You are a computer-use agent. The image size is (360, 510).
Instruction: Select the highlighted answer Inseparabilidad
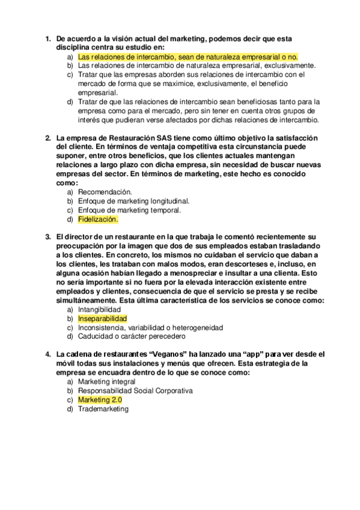point(103,318)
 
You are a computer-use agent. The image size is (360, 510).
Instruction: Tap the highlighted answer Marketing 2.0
point(100,399)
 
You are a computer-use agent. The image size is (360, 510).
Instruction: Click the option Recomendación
point(105,191)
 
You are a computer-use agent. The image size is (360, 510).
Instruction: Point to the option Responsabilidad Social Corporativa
point(135,390)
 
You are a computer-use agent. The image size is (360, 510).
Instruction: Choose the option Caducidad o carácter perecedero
point(132,336)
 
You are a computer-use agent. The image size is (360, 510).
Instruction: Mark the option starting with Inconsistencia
point(150,327)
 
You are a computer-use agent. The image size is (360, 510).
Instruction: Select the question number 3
point(48,237)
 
